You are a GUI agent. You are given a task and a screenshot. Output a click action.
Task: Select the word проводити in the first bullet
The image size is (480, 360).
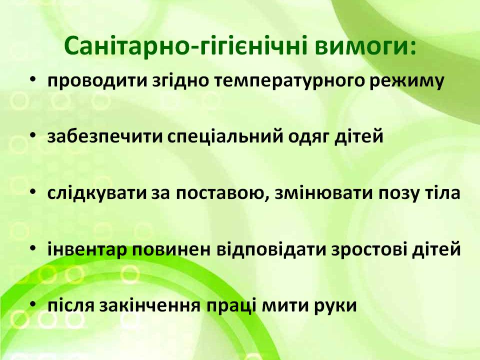point(97,81)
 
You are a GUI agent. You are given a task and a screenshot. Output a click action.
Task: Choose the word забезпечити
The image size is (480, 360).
point(105,136)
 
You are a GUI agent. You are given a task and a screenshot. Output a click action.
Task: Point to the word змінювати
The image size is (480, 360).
point(324,193)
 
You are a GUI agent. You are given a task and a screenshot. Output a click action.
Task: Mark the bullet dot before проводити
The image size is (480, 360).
point(33,79)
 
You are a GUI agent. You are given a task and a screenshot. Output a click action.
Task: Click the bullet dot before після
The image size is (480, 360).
point(33,303)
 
